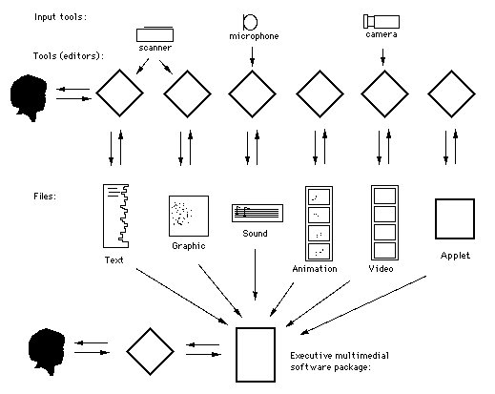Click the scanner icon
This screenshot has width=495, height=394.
tap(155, 34)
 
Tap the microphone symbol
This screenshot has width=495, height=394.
tap(250, 22)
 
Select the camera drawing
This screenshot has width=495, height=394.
tap(382, 21)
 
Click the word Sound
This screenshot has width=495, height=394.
tap(255, 234)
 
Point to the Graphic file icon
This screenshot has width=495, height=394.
tap(189, 216)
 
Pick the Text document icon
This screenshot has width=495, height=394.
tap(115, 216)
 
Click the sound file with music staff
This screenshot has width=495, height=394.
tap(258, 213)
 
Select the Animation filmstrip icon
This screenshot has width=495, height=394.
tap(319, 223)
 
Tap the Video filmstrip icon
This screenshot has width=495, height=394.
tap(384, 222)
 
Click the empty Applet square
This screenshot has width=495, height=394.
tap(455, 218)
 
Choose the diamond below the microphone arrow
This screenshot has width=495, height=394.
tap(252, 93)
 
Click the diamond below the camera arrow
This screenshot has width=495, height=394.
tap(384, 93)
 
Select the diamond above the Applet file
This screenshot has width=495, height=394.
tap(451, 93)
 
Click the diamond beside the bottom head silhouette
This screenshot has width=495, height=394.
tap(150, 351)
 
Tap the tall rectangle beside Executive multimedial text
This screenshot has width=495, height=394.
tap(256, 354)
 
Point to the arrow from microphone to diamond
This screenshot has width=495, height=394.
tap(252, 56)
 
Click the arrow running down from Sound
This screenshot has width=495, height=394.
tap(255, 275)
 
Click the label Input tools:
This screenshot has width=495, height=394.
tap(60, 17)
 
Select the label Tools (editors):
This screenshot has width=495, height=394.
tap(69, 56)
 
